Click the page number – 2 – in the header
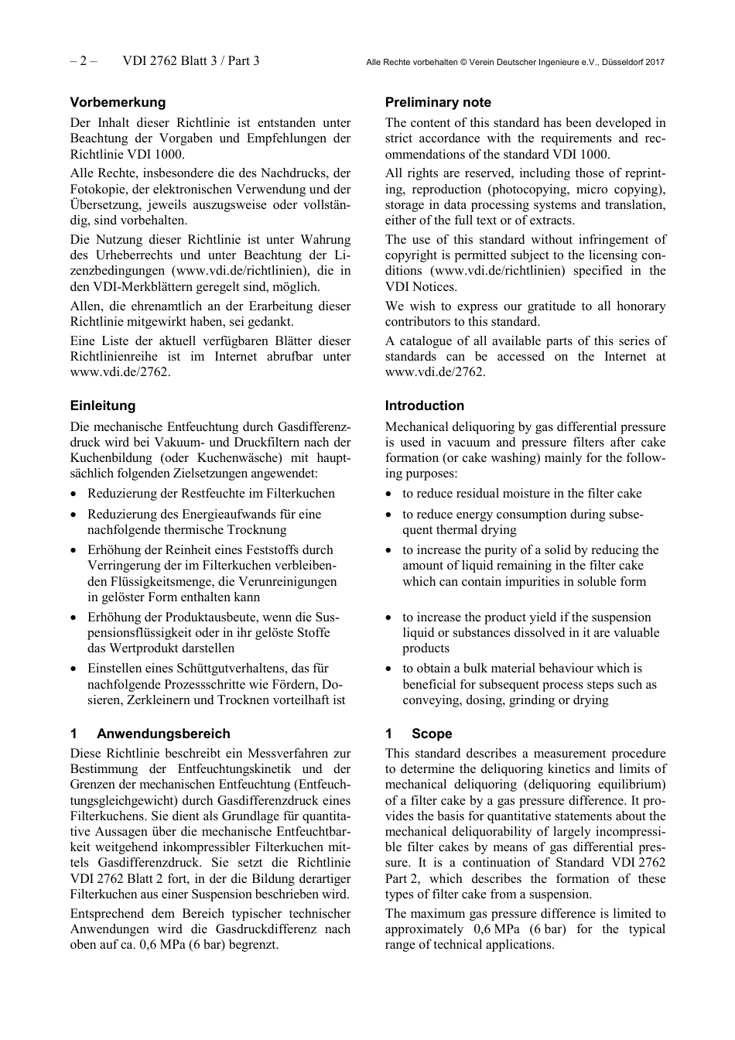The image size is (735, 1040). (x=84, y=61)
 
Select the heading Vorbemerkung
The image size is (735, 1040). (x=118, y=102)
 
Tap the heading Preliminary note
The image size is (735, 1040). (x=438, y=102)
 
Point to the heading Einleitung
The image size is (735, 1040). (x=102, y=405)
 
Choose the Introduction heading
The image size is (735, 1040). (x=425, y=405)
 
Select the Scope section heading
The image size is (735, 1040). (x=432, y=734)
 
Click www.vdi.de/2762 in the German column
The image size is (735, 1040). (x=118, y=372)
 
